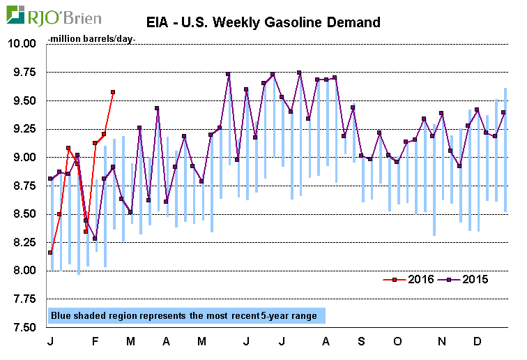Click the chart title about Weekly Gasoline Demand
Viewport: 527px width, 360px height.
pyautogui.click(x=268, y=22)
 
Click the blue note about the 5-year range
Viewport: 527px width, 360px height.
pyautogui.click(x=184, y=316)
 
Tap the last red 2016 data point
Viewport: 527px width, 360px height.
pyautogui.click(x=113, y=92)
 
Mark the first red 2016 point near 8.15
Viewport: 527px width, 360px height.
pyautogui.click(x=50, y=253)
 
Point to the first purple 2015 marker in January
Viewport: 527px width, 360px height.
pyautogui.click(x=50, y=179)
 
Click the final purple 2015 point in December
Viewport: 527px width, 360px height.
pyautogui.click(x=504, y=112)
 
